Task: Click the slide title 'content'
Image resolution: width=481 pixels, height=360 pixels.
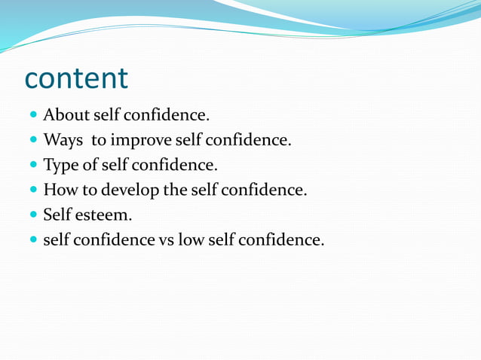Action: [x=76, y=78]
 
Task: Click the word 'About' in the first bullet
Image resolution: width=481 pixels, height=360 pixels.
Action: [x=66, y=115]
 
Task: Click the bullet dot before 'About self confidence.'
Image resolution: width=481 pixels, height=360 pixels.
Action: [x=33, y=116]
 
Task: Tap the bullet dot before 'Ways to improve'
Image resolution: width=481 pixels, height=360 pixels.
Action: [x=33, y=141]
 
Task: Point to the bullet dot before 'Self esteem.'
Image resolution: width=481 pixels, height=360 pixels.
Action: [x=33, y=215]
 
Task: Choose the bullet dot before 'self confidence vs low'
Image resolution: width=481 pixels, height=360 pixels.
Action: [x=33, y=240]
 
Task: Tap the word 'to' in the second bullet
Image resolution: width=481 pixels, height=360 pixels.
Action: [x=99, y=140]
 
